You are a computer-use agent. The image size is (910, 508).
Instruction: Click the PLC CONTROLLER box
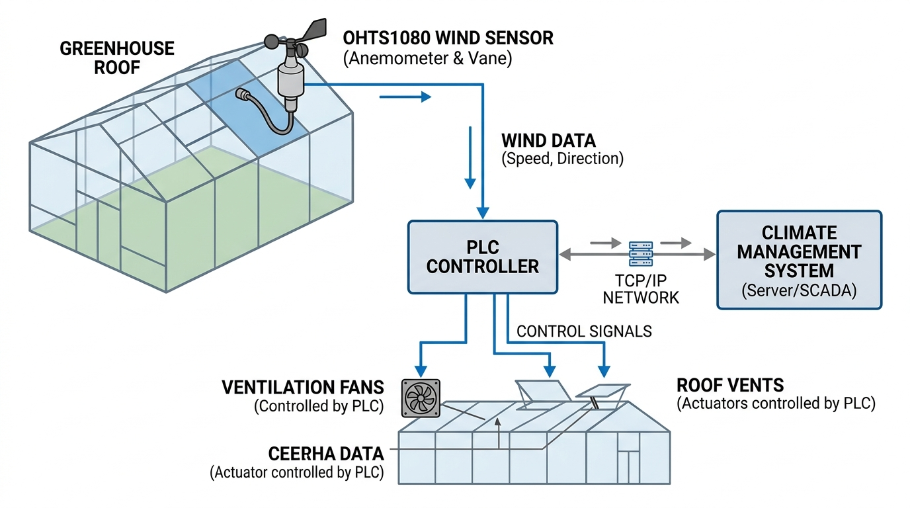[482, 257]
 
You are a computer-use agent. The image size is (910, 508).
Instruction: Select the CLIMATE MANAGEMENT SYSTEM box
[799, 259]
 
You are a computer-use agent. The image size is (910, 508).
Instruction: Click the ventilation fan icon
[421, 398]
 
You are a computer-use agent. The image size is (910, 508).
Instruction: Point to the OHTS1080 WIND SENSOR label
[448, 38]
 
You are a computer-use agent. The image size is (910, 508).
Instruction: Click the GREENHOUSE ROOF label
[117, 58]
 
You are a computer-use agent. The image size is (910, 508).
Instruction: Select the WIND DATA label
[548, 140]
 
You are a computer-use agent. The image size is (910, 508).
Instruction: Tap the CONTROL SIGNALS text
[584, 331]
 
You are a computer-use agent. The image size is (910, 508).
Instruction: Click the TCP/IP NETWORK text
[641, 288]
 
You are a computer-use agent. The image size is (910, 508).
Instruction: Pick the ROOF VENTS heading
[730, 385]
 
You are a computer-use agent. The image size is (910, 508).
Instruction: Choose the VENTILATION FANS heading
[303, 388]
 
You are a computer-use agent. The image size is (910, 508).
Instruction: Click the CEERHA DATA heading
[326, 454]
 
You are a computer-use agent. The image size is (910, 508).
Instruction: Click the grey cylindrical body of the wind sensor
[289, 79]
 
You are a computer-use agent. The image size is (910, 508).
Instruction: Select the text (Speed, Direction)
[562, 159]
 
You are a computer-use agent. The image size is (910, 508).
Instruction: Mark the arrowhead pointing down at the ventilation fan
[420, 369]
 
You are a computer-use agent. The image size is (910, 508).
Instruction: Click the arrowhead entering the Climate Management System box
[710, 254]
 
